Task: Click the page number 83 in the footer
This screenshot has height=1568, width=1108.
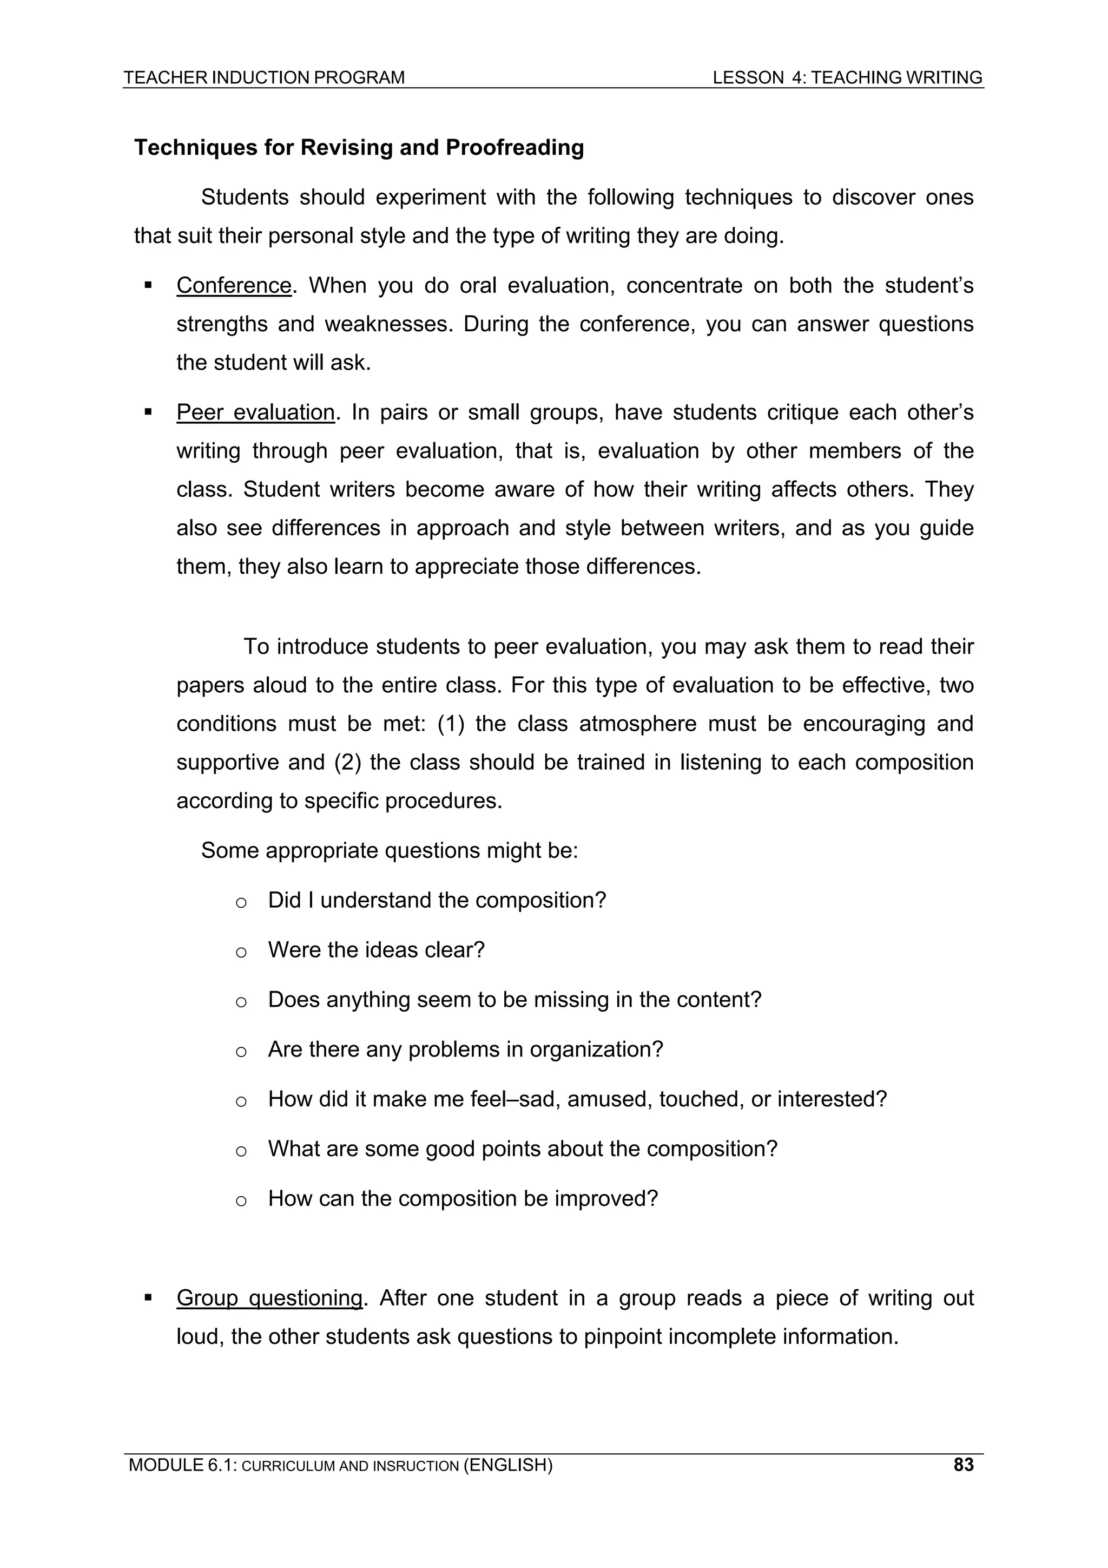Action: (963, 1464)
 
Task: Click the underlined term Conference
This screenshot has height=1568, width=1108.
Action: (234, 285)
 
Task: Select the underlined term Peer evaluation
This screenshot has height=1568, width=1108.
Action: (255, 412)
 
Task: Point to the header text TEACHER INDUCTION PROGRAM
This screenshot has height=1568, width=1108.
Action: (264, 77)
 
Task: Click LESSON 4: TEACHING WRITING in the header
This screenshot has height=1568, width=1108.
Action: (847, 77)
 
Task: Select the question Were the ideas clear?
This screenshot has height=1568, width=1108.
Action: (375, 950)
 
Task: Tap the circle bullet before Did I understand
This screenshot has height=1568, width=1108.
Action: (240, 902)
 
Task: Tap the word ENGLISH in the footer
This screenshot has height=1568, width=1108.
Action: (507, 1464)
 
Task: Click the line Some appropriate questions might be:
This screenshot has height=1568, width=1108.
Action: (389, 850)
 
